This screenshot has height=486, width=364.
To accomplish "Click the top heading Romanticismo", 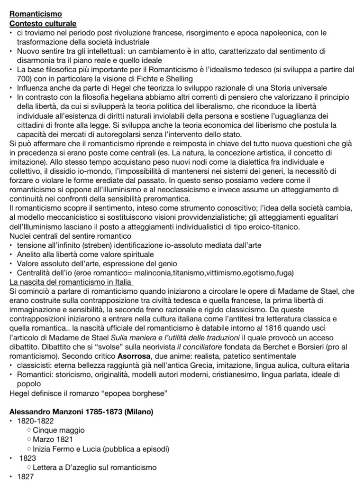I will pos(36,14).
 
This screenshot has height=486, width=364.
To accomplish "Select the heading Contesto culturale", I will pos(43,23).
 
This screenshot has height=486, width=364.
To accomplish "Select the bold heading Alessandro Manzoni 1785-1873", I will pos(82,411).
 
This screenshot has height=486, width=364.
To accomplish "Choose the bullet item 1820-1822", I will pos(35,421).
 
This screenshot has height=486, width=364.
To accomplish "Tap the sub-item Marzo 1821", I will pos(54,439).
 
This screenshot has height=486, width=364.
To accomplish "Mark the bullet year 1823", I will pos(27,458).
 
